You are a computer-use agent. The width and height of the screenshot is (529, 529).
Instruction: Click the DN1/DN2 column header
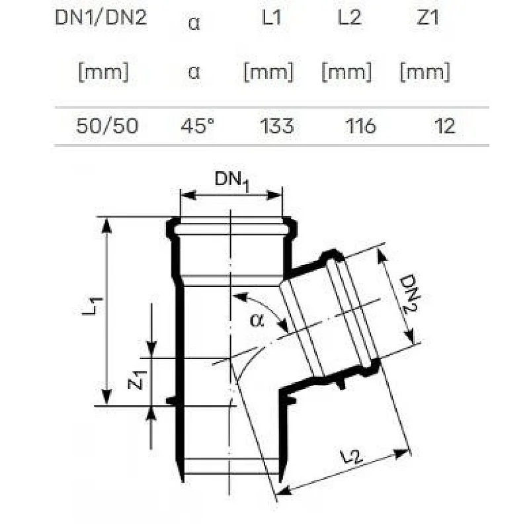point(101,19)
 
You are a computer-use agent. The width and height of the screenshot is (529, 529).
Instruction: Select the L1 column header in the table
point(271,19)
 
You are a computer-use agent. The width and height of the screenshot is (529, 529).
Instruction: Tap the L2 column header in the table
point(349,19)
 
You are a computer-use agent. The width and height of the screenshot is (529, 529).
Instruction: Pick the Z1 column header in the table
point(428,19)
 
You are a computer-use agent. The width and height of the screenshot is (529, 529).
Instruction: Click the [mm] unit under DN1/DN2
point(103,71)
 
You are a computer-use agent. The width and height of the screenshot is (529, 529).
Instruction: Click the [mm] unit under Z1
point(425,71)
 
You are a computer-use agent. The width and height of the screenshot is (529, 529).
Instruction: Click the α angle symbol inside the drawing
point(256,321)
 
